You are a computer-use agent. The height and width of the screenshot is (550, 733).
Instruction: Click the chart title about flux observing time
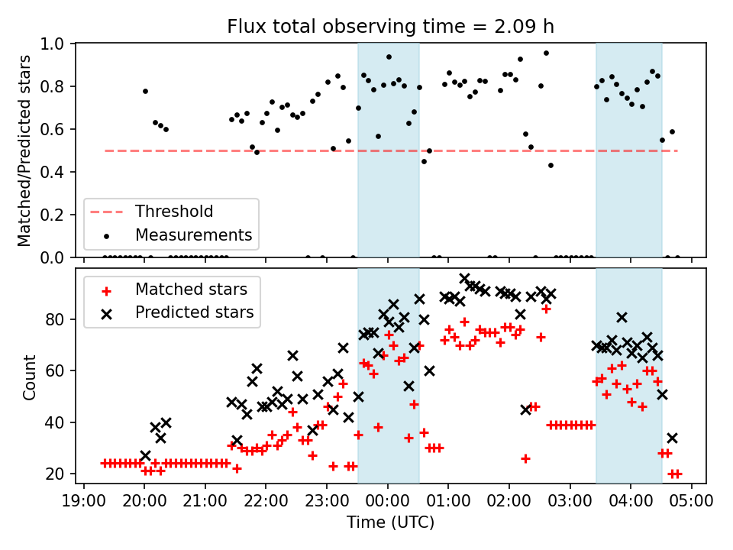click(x=390, y=27)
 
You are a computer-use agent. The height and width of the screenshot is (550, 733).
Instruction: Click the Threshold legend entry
click(x=174, y=212)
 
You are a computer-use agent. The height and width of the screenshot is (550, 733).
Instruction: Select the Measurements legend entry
click(x=193, y=235)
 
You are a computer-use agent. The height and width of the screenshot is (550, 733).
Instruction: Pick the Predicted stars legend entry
click(x=194, y=312)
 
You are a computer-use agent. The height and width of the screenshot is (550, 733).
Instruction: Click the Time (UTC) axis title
click(x=390, y=523)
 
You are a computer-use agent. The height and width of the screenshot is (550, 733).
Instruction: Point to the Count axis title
click(x=30, y=377)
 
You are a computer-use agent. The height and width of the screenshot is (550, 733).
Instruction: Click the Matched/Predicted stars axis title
click(x=24, y=150)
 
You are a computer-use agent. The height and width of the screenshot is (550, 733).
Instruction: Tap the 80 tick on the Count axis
click(x=58, y=319)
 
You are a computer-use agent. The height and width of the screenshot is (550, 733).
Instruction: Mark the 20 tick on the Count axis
click(x=58, y=474)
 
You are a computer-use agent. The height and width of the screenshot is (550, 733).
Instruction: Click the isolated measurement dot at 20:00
click(x=145, y=91)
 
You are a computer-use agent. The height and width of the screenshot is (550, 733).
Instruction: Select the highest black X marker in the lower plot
click(x=464, y=279)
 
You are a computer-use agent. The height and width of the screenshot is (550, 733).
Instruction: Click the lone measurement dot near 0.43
click(x=551, y=165)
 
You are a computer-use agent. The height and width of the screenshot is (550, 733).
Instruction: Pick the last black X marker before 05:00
click(x=672, y=438)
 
